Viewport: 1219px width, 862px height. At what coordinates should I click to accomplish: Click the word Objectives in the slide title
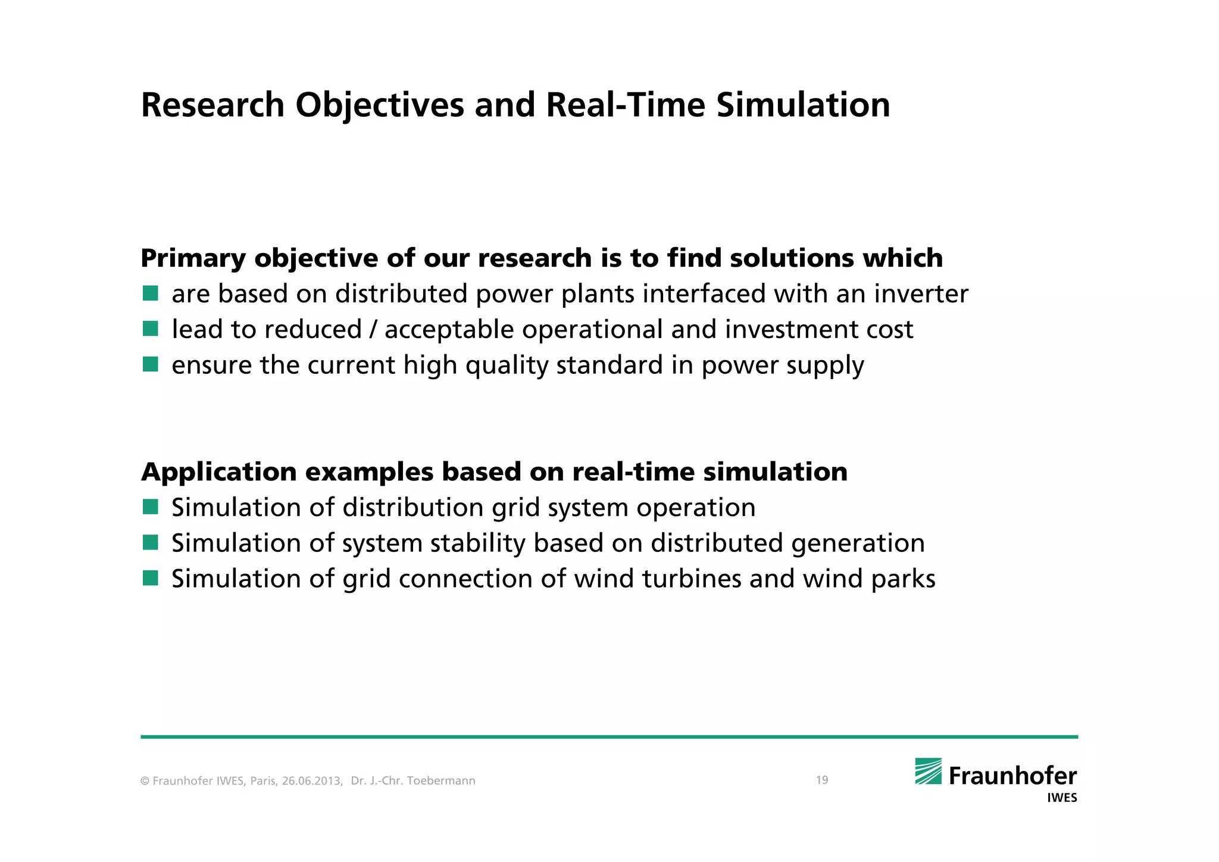click(x=379, y=106)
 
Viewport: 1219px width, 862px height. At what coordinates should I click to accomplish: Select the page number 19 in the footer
click(x=821, y=780)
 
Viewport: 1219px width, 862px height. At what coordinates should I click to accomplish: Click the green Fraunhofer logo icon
click(x=928, y=771)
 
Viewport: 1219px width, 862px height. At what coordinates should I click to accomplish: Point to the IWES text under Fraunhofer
click(x=1062, y=798)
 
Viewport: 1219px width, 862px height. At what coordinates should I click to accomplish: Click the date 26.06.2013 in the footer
click(x=312, y=781)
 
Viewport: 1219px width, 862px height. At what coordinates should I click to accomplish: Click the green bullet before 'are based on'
click(x=151, y=293)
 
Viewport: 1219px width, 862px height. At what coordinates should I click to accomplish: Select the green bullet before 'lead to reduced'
click(x=151, y=329)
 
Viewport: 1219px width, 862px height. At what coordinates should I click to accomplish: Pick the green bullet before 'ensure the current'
click(x=151, y=364)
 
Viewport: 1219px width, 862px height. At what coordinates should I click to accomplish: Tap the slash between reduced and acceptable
click(x=373, y=330)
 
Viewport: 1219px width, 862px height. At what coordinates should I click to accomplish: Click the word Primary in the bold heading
click(x=193, y=259)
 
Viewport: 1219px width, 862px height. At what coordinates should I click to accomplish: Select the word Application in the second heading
click(x=218, y=472)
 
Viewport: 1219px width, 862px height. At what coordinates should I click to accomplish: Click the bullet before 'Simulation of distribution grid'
click(x=151, y=507)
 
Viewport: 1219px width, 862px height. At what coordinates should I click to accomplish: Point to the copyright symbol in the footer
click(x=145, y=781)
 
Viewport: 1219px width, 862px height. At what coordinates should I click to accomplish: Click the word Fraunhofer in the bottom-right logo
click(x=1012, y=776)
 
